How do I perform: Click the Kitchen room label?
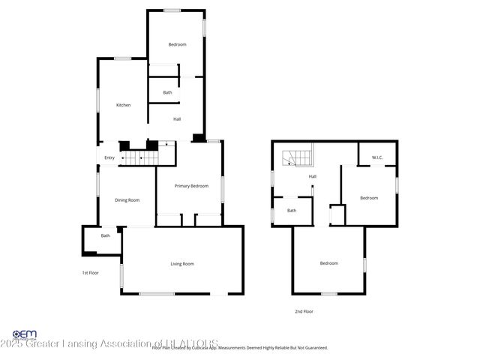123,105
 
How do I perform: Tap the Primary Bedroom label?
191,186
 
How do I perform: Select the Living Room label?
182,263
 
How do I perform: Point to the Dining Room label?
127,200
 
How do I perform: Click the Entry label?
109,157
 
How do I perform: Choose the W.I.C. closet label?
377,157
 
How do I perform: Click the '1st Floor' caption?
91,273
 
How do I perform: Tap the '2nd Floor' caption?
304,310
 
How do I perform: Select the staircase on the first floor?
142,158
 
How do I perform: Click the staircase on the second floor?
291,158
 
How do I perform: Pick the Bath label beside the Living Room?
106,236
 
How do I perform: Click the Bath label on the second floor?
292,211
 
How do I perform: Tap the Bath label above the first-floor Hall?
167,93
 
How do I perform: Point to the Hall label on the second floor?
313,177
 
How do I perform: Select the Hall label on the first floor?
177,119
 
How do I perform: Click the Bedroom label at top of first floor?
177,45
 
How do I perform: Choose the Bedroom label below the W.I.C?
368,198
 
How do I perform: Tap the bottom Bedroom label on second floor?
329,263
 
